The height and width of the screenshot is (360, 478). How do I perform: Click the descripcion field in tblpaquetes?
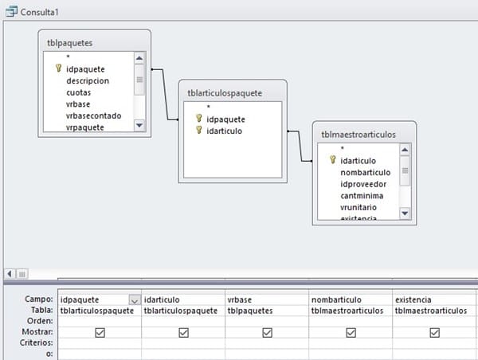pyautogui.click(x=88, y=80)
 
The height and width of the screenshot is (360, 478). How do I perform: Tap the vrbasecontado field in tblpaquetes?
pyautogui.click(x=94, y=115)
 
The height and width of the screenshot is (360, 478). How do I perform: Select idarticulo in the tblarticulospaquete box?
pyautogui.click(x=224, y=131)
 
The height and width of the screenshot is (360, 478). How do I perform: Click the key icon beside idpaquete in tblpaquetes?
pyautogui.click(x=58, y=69)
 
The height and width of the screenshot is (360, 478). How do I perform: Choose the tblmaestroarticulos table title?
pyautogui.click(x=358, y=135)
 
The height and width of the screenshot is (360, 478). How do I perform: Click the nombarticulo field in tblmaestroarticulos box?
pyautogui.click(x=365, y=172)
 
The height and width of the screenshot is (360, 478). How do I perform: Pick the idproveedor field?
pyautogui.click(x=362, y=184)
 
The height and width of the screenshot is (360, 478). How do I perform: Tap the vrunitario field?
pyautogui.click(x=359, y=208)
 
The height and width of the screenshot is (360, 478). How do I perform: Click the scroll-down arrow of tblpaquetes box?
pyautogui.click(x=139, y=125)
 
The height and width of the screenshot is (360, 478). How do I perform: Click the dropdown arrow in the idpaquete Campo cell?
pyautogui.click(x=134, y=299)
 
